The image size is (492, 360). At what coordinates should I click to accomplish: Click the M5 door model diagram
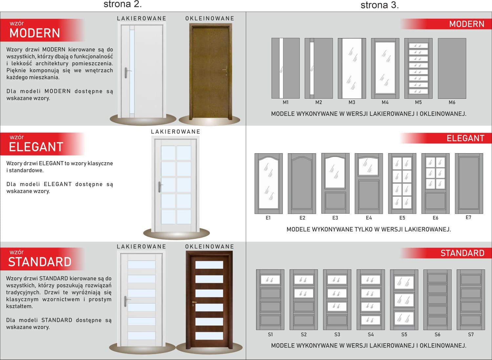tap(418, 68)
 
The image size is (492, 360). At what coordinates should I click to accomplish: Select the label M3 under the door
tap(352, 102)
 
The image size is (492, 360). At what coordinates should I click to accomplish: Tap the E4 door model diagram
tap(369, 183)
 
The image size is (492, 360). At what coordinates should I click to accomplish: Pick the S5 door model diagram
tap(404, 300)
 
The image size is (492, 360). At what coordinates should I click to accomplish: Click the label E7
tap(468, 217)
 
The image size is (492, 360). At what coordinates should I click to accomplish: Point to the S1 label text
tap(270, 334)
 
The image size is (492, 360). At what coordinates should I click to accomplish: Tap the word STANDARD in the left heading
tap(40, 262)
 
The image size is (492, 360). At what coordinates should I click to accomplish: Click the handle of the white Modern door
tap(126, 73)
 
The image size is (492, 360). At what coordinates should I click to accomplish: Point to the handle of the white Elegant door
tap(159, 187)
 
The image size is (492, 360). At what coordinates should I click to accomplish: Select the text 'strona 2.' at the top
tap(123, 4)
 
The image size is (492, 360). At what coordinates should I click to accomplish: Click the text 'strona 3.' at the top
tap(379, 5)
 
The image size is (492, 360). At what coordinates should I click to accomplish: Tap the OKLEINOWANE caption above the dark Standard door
tap(209, 246)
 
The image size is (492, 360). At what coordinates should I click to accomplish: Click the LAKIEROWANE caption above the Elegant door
tap(175, 132)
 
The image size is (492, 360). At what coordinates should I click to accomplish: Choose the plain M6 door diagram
tap(452, 68)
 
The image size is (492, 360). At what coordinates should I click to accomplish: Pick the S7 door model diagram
tap(471, 300)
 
